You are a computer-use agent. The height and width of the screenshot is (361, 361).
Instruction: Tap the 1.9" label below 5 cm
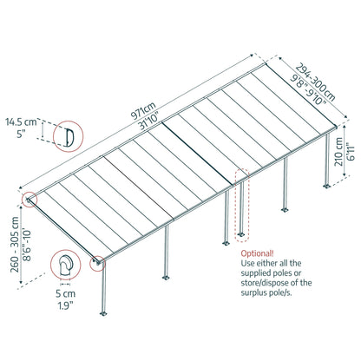65,305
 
